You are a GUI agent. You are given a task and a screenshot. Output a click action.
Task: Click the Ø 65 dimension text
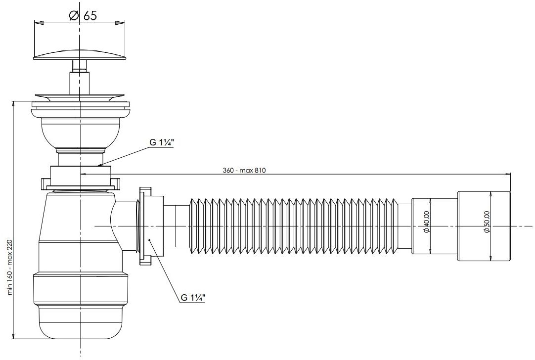coord(83,15)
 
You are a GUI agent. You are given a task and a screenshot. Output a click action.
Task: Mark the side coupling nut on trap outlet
coord(149,226)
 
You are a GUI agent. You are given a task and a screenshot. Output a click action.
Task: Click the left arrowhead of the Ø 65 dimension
coord(39,23)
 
